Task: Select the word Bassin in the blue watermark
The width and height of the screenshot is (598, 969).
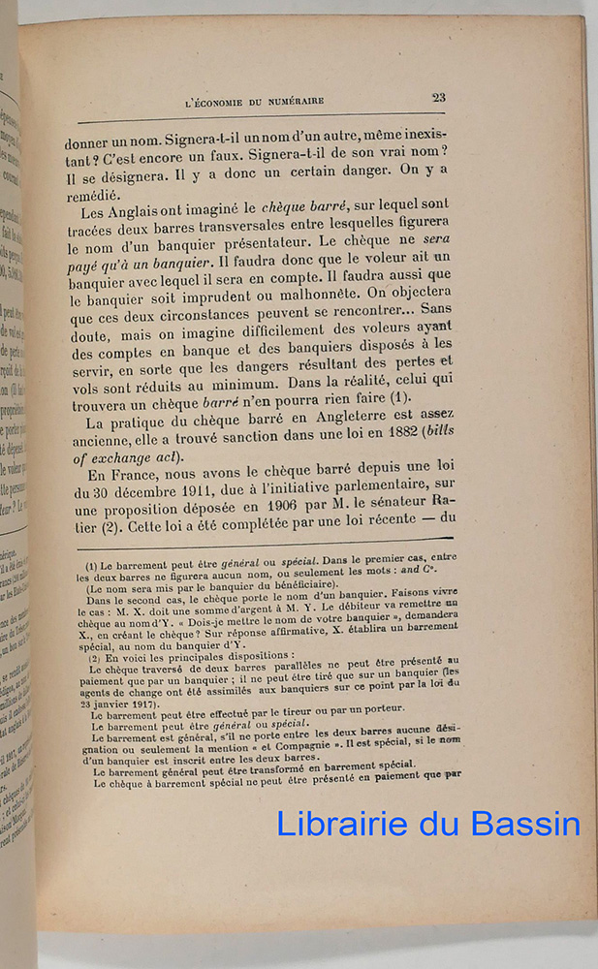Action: click(x=532, y=824)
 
